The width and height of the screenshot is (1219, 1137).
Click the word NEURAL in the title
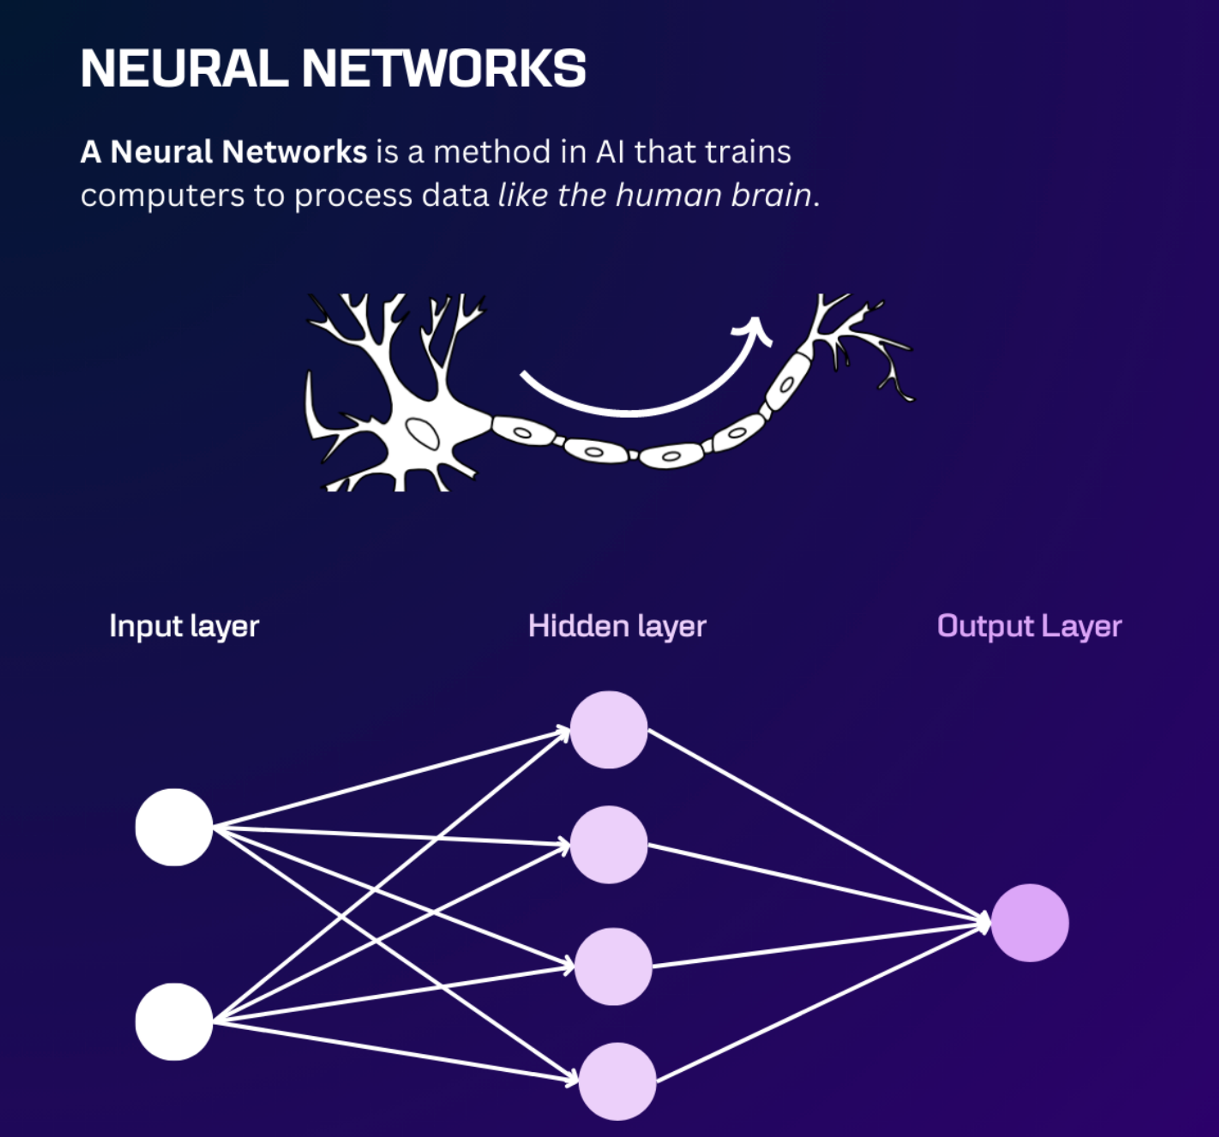(184, 69)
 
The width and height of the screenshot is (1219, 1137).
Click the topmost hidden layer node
(608, 730)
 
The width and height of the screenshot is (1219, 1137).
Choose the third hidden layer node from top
(613, 966)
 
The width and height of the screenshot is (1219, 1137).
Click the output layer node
(1029, 923)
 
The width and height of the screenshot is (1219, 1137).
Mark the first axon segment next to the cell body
(523, 431)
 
